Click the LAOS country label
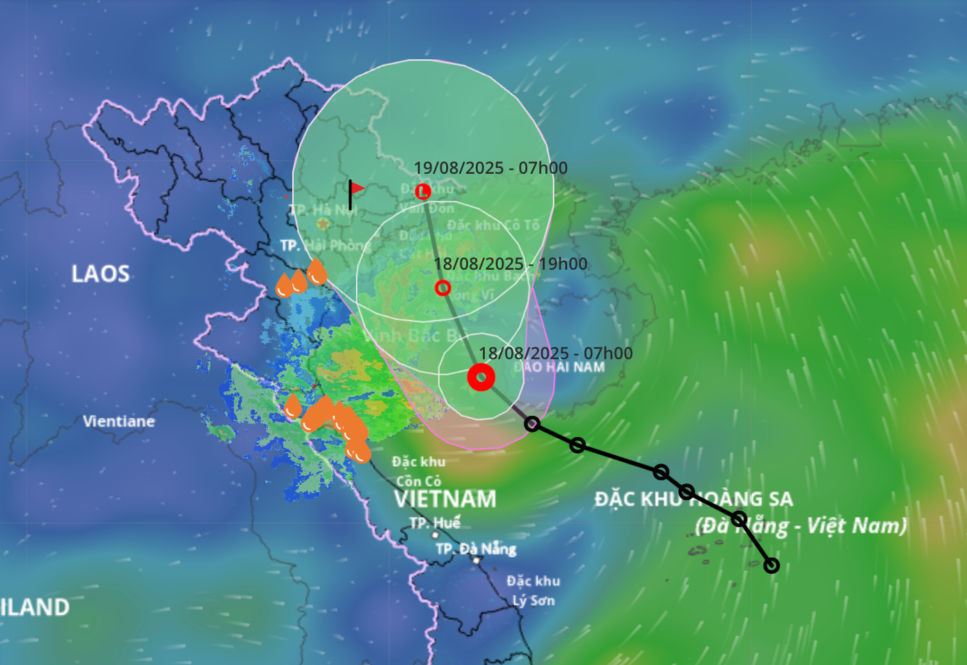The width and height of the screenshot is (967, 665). click(100, 273)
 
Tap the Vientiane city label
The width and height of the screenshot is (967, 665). click(119, 421)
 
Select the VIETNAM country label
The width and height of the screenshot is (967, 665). click(445, 499)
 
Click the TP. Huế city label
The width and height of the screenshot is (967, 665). click(435, 522)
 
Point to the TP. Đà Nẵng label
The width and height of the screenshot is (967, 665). click(476, 549)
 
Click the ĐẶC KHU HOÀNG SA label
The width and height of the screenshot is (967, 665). click(693, 499)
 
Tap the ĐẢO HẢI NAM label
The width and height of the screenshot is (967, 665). click(559, 367)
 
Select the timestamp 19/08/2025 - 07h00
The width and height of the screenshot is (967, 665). click(490, 168)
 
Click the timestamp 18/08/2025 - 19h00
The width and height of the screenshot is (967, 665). click(511, 264)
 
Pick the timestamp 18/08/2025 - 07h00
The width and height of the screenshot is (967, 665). click(556, 353)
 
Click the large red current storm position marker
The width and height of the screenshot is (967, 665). click(481, 377)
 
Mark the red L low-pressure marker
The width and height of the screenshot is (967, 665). click(423, 191)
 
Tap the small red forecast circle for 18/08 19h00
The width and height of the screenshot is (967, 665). click(442, 287)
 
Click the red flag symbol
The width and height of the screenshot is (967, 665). click(355, 190)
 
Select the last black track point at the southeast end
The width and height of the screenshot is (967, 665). click(771, 566)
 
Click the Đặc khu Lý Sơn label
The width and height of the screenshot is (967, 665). click(534, 591)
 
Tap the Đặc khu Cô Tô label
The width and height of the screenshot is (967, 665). click(493, 225)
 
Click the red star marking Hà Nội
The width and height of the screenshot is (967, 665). click(323, 224)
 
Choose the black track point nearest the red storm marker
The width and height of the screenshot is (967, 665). click(532, 423)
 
